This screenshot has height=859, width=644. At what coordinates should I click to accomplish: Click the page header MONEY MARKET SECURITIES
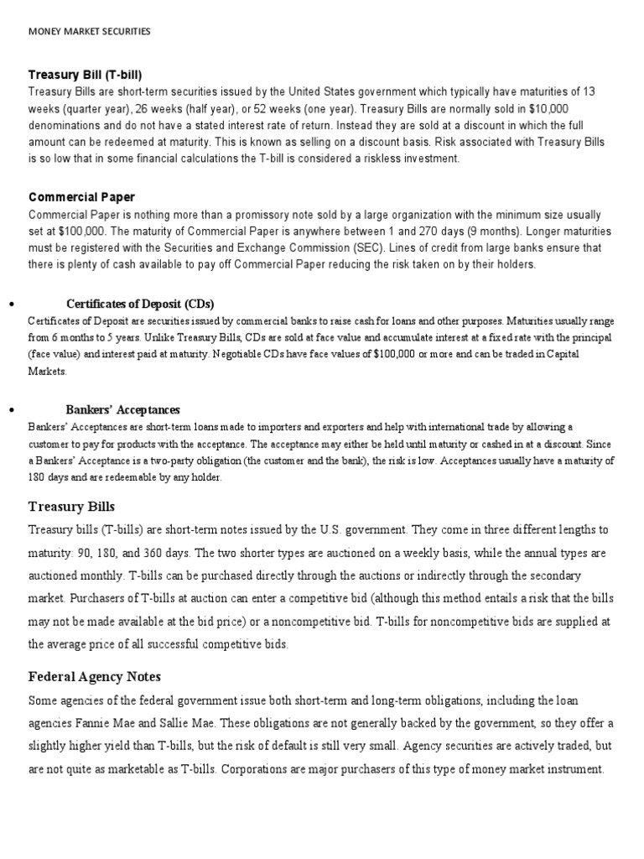pos(90,32)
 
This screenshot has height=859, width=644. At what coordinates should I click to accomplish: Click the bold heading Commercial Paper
pos(81,197)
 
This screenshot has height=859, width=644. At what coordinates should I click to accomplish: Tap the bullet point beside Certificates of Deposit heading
pos(11,305)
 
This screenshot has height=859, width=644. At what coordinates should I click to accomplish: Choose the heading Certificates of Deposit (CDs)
pos(146,304)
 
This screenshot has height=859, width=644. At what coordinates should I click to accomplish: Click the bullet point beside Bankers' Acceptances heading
pos(11,410)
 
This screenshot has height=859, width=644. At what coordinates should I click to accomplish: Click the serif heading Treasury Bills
pos(71,507)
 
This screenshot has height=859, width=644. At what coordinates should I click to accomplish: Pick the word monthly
pos(100,577)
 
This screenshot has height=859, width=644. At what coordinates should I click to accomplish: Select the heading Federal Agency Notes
pos(95,676)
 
